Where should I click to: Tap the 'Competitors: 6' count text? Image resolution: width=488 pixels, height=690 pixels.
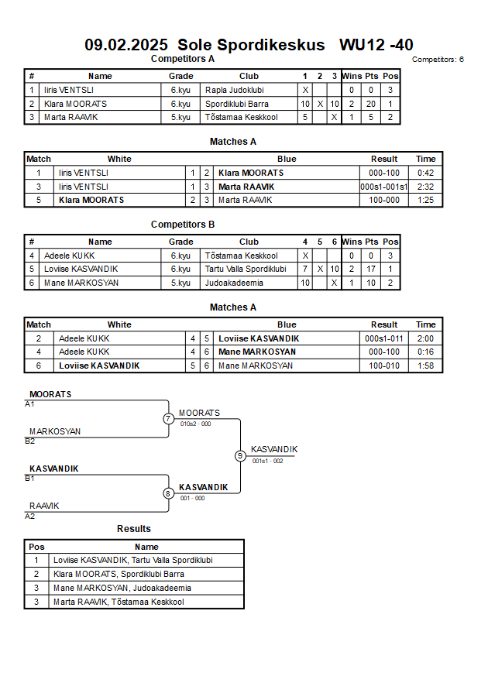[x=438, y=60]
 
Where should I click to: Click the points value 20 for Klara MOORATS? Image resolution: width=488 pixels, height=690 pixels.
[x=371, y=104]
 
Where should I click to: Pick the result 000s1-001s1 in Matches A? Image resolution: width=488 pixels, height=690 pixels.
[x=384, y=187]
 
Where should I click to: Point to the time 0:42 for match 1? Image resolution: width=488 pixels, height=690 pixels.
[x=425, y=173]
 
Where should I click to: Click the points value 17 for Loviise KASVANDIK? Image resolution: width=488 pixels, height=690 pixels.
[x=371, y=269]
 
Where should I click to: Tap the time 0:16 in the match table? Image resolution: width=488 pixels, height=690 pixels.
[x=425, y=352]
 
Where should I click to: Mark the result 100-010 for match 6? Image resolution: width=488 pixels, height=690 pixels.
[x=384, y=366]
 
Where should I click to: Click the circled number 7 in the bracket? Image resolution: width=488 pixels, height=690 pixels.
[x=169, y=418]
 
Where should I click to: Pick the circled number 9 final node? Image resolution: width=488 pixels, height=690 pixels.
[x=240, y=456]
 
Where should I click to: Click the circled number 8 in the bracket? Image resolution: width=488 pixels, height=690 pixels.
[x=167, y=493]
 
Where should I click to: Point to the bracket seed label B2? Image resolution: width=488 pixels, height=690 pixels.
[x=30, y=441]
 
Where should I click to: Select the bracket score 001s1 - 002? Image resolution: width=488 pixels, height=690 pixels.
[x=267, y=462]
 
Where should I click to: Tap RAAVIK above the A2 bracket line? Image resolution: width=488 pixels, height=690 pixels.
[x=44, y=506]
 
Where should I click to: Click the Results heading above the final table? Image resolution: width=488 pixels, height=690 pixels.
[x=134, y=529]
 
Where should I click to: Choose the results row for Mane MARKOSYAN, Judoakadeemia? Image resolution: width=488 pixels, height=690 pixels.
[x=134, y=588]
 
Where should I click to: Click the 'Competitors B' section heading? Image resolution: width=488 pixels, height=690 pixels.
[x=183, y=225]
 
